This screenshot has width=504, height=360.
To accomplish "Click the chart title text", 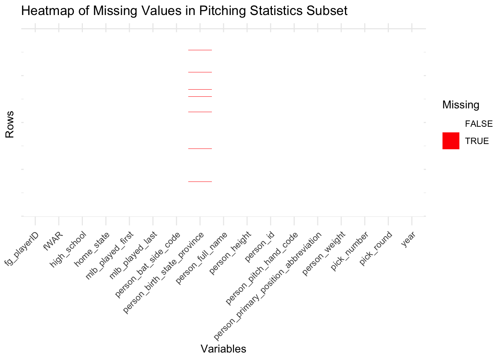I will click(x=184, y=11).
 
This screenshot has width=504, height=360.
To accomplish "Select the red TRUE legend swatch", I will click(x=451, y=141).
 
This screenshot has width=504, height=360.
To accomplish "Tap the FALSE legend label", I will click(x=478, y=124).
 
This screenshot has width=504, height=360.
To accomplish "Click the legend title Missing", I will click(x=460, y=105).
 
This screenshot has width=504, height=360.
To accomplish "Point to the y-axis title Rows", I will click(x=10, y=124).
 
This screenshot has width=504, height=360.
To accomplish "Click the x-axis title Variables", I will click(x=223, y=349).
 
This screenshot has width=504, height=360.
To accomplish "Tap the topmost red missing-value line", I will click(x=200, y=50).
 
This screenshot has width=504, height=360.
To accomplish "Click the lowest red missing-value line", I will click(x=200, y=181).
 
